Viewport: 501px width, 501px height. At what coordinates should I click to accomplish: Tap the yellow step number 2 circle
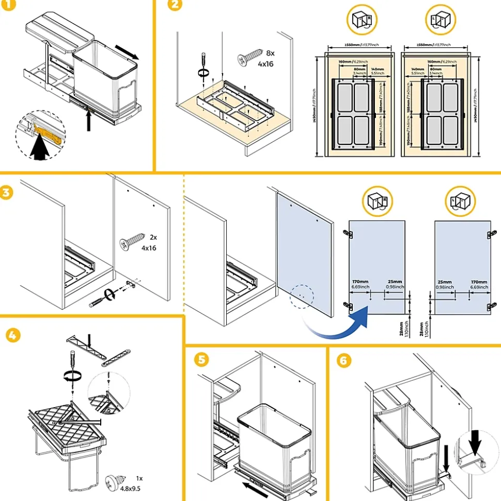click(176, 5)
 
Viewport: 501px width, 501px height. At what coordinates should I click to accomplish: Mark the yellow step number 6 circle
click(342, 361)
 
